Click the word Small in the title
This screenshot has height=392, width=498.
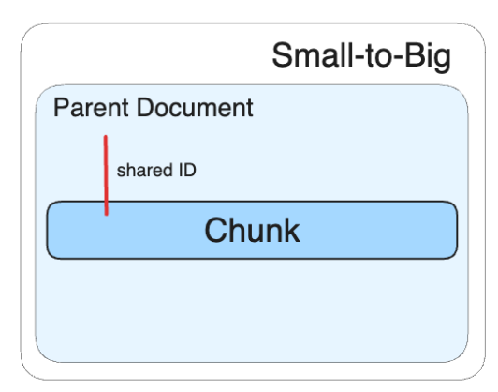point(314,55)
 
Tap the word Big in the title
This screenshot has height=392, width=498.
point(428,57)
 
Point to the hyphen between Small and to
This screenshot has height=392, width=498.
point(360,58)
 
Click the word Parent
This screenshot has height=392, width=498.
point(91,108)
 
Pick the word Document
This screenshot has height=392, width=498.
point(195,108)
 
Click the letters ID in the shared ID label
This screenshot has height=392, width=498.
point(187,170)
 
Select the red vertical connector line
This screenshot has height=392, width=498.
point(106,175)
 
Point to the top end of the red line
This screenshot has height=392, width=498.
point(106,136)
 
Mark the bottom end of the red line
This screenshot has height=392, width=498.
point(106,215)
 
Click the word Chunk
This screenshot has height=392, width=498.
point(252,230)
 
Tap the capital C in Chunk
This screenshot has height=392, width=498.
point(217,231)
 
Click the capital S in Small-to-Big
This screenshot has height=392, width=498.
point(284,55)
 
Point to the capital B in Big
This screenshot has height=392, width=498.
point(415,55)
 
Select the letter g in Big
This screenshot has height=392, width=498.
point(443,61)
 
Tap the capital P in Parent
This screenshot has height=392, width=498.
point(61,108)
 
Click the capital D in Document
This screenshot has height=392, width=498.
point(145,108)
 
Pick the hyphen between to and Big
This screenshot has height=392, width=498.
point(398,58)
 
